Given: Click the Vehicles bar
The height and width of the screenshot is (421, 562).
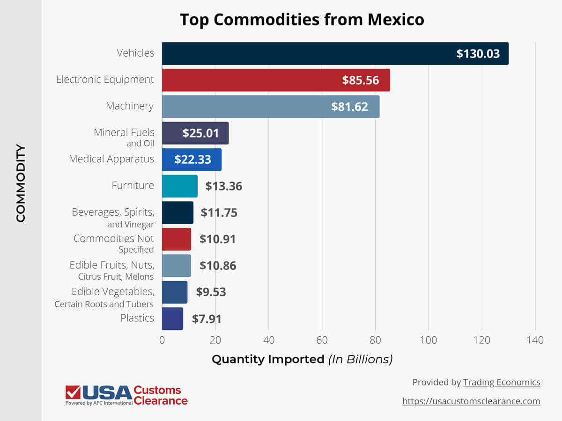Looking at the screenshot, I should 335,53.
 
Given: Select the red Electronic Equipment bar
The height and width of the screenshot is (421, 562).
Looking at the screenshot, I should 276,80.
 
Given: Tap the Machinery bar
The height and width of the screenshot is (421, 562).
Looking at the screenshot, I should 271,107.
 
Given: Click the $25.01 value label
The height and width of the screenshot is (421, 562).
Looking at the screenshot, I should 201,133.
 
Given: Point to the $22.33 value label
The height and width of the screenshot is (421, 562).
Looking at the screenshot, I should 192,160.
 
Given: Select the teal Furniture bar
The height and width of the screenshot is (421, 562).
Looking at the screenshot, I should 180,186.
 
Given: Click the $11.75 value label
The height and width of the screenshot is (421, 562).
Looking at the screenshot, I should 219,213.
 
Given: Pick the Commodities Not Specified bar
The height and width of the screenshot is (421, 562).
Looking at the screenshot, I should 177,240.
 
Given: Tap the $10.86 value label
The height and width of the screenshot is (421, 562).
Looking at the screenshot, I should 218,266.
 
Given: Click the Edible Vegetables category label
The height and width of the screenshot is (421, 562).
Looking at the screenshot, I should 112,292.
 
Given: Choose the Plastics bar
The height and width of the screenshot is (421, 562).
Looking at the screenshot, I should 172,319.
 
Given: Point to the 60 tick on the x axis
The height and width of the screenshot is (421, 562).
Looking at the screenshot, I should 322,340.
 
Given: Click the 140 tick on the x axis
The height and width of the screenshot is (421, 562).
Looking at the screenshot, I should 535,340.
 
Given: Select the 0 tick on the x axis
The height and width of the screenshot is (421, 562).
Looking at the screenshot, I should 162,340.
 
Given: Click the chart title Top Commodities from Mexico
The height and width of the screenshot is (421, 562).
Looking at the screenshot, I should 302,20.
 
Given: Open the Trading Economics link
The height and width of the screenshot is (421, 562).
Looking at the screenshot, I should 502,382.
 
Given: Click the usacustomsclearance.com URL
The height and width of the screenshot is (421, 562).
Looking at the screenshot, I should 471,401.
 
